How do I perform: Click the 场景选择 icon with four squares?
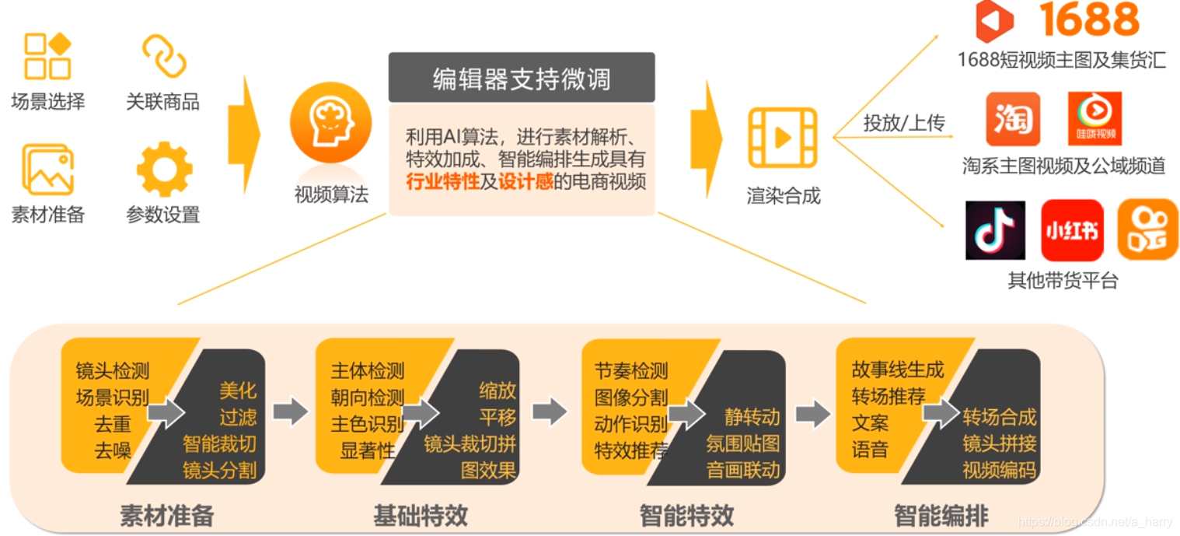pyautogui.click(x=47, y=56)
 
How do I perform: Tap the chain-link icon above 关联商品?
pyautogui.click(x=164, y=56)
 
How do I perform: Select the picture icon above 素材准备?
pyautogui.click(x=47, y=170)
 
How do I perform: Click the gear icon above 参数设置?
pyautogui.click(x=164, y=170)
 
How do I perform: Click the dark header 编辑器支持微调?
pyautogui.click(x=522, y=79)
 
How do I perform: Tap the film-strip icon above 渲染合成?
pyautogui.click(x=782, y=138)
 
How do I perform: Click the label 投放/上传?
pyautogui.click(x=903, y=123)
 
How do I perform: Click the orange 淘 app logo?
pyautogui.click(x=1013, y=119)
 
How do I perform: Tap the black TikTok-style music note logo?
pyautogui.click(x=995, y=230)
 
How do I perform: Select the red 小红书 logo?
pyautogui.click(x=1072, y=230)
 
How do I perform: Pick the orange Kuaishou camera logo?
pyautogui.click(x=1147, y=229)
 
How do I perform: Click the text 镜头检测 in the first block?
pyautogui.click(x=112, y=371)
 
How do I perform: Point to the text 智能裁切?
pyautogui.click(x=219, y=444)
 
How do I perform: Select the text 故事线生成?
pyautogui.click(x=897, y=370)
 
